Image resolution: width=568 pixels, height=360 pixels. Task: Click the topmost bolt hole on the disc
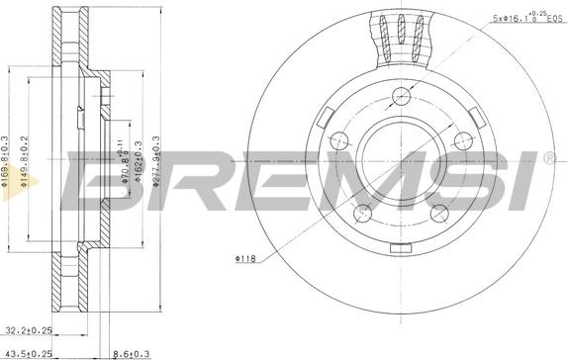pos(400,96)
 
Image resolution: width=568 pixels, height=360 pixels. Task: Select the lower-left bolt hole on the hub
pos(364,210)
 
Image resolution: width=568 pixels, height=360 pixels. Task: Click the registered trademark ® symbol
pos(548,158)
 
